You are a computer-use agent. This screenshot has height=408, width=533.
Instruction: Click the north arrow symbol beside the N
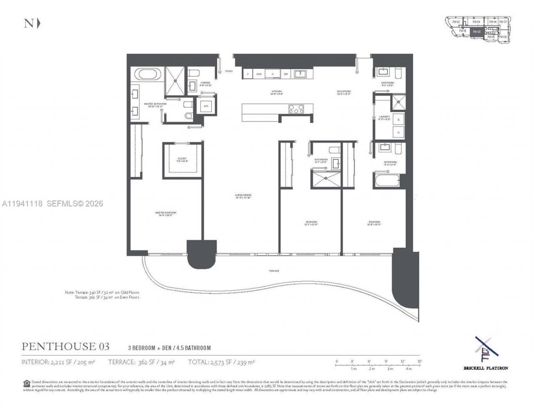[x=39, y=23]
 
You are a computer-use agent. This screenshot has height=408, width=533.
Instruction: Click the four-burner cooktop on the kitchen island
[x=296, y=109]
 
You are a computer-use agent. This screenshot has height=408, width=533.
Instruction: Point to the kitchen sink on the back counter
[x=300, y=74]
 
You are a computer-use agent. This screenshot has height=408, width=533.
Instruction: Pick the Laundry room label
[x=384, y=117]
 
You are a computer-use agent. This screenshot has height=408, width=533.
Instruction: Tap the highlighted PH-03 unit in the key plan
[x=477, y=31]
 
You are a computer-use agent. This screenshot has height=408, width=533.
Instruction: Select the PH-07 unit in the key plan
[x=503, y=22]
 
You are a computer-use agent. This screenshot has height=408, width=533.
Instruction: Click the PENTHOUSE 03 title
[x=65, y=346]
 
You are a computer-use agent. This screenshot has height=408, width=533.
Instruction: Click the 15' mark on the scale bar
[x=420, y=361]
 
